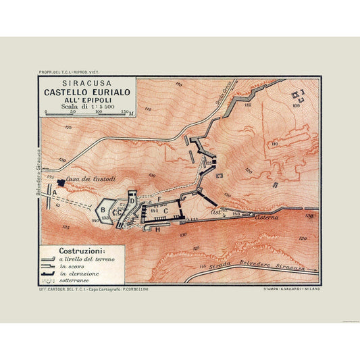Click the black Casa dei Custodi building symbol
click(62, 182)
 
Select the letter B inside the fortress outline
click(103, 209)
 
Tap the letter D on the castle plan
click(132, 200)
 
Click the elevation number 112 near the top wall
click(247, 105)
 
